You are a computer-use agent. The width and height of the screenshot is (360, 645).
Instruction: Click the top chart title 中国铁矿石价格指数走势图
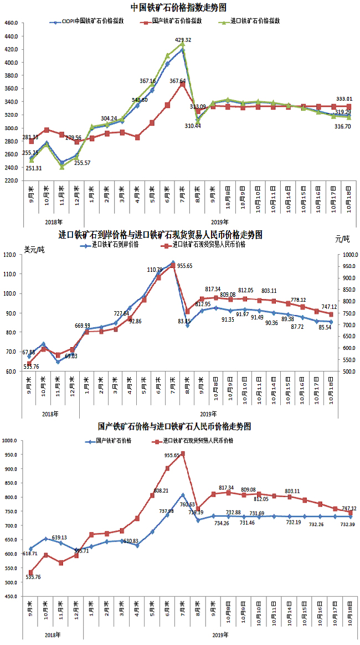[178, 8]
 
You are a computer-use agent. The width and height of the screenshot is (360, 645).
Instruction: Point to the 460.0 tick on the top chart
[11, 23]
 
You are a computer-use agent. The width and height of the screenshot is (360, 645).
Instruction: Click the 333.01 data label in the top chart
[344, 99]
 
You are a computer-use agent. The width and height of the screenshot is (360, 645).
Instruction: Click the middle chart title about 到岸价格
[161, 235]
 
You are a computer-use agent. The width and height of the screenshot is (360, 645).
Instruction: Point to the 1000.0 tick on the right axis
[348, 255]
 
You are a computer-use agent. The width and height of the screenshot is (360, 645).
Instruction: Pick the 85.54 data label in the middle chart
[330, 328]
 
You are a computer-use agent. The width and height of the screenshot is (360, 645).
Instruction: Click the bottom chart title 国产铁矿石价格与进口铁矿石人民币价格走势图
[174, 427]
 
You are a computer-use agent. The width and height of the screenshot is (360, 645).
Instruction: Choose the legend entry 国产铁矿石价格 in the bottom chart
[118, 441]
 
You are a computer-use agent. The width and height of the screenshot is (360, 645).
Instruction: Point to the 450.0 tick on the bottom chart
[11, 597]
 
